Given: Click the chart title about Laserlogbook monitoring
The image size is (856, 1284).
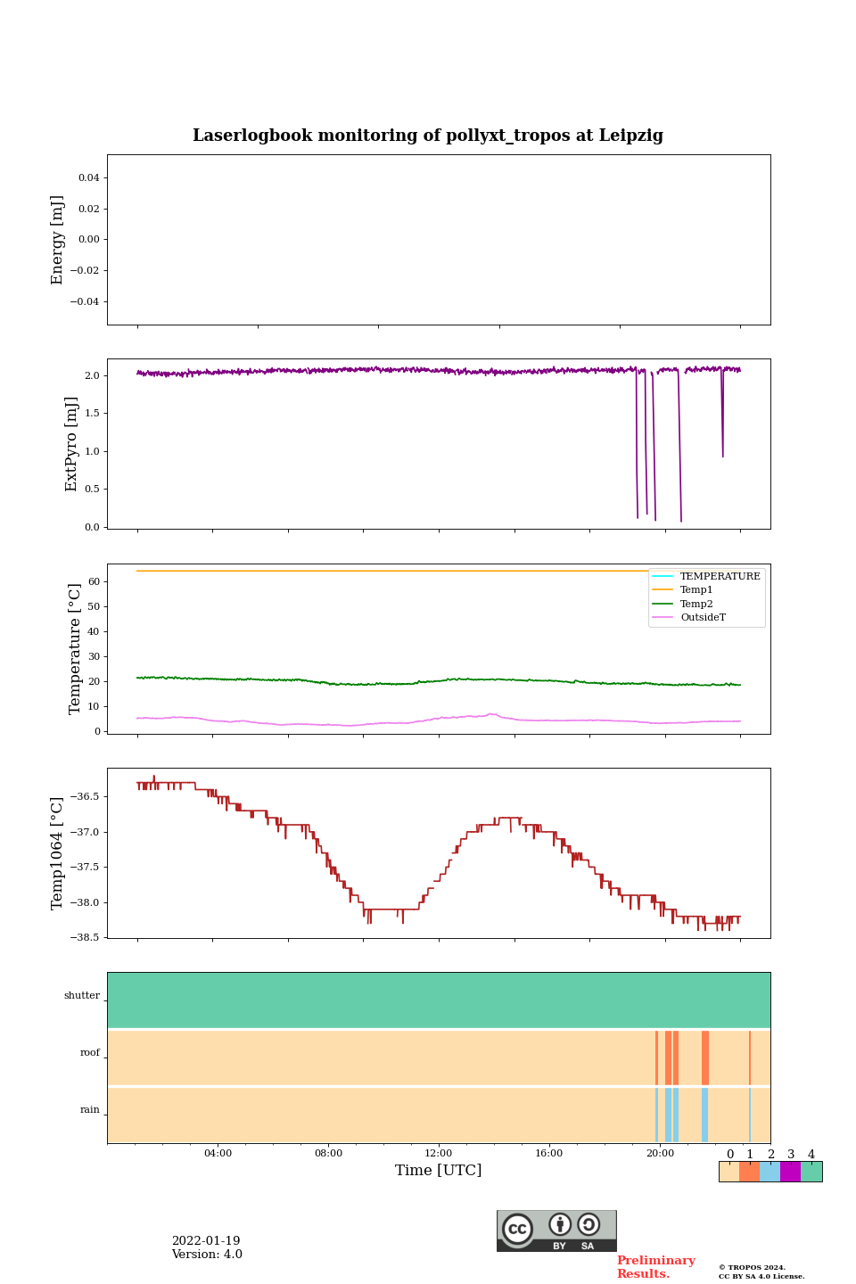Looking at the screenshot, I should click(x=428, y=136).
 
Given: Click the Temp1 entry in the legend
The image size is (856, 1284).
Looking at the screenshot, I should click(x=696, y=590).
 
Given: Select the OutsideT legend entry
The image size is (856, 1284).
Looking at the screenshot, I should click(x=703, y=618).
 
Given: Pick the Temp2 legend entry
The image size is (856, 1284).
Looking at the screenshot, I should click(x=696, y=604).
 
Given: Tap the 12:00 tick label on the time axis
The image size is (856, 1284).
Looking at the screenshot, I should click(x=439, y=1154).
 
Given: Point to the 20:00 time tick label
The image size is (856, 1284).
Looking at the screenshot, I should click(x=660, y=1154).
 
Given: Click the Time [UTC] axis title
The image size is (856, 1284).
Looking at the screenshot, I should click(x=439, y=1171).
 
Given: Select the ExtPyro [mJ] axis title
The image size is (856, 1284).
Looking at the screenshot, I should click(x=72, y=444).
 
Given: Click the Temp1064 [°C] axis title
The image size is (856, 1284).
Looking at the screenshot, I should click(x=58, y=853).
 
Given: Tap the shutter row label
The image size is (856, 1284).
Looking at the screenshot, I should click(x=82, y=996).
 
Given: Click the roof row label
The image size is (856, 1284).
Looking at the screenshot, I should click(x=90, y=1053).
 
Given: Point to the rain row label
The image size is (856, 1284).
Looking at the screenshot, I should click(x=90, y=1110).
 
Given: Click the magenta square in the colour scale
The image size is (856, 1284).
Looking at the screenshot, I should click(x=790, y=1172).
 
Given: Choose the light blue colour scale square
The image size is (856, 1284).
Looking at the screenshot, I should click(x=770, y=1172).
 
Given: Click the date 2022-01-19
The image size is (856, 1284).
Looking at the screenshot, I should click(x=206, y=1241).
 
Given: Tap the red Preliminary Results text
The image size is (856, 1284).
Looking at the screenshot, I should click(x=655, y=1267).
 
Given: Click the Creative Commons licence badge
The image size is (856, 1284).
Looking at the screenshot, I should click(x=556, y=1230).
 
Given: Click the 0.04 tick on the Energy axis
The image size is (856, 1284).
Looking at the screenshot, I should click(x=89, y=177).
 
